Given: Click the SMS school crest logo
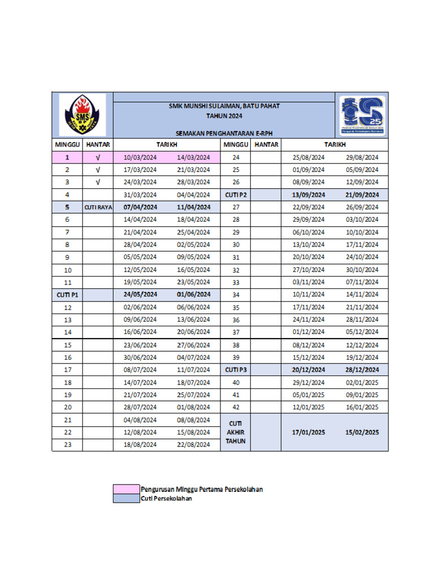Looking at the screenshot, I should pyautogui.click(x=82, y=115).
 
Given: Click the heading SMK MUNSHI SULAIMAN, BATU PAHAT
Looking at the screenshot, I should pyautogui.click(x=224, y=106).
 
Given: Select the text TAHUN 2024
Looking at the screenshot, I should pyautogui.click(x=224, y=115).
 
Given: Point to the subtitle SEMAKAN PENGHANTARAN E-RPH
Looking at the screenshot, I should pyautogui.click(x=224, y=133).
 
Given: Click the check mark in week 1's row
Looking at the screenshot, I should pyautogui.click(x=98, y=157).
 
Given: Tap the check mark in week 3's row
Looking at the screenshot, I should pyautogui.click(x=98, y=182).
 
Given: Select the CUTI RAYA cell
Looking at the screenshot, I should pyautogui.click(x=98, y=207).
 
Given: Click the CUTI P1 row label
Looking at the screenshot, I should pyautogui.click(x=67, y=295).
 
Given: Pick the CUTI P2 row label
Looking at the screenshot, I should pyautogui.click(x=236, y=195).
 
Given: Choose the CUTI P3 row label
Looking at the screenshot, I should pyautogui.click(x=236, y=370).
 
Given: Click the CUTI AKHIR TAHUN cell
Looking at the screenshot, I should pyautogui.click(x=236, y=432).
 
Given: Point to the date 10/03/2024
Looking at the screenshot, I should pyautogui.click(x=140, y=157).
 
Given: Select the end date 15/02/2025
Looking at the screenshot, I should pyautogui.click(x=362, y=432).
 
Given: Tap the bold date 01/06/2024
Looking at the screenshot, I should pyautogui.click(x=193, y=295).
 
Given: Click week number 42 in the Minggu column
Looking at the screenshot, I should pyautogui.click(x=236, y=407).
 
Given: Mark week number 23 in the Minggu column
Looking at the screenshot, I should pyautogui.click(x=67, y=445).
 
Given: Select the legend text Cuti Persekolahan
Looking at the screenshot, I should pyautogui.click(x=167, y=499).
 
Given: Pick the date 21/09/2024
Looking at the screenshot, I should pyautogui.click(x=362, y=195).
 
